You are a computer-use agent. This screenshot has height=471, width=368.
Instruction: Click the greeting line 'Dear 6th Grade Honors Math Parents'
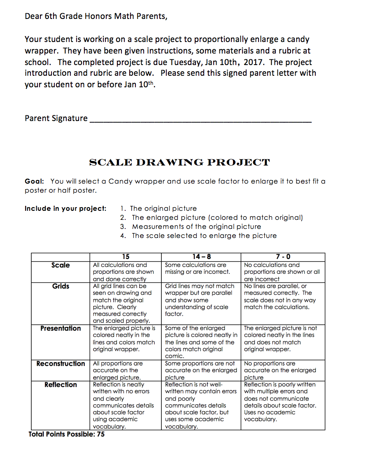[96, 16]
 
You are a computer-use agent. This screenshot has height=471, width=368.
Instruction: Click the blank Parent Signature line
[200, 119]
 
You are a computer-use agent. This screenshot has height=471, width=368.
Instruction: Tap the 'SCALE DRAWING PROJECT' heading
[179, 163]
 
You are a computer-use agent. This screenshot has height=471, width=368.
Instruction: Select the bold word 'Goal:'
[34, 182]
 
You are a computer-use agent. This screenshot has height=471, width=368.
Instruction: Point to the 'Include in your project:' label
[65, 208]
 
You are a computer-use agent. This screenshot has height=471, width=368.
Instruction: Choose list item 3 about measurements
[191, 226]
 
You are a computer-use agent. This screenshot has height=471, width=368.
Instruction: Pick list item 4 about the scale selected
[199, 235]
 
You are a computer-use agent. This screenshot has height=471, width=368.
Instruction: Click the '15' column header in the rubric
[126, 257]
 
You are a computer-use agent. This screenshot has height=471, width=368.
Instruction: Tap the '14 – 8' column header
[201, 257]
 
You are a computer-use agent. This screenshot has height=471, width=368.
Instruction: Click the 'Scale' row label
[61, 265]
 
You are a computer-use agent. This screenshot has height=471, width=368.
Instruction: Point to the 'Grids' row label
[61, 286]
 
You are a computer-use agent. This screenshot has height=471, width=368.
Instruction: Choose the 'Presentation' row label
[61, 328]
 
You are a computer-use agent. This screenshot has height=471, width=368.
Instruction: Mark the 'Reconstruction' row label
[61, 364]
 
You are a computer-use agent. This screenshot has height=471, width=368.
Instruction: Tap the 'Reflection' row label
[61, 385]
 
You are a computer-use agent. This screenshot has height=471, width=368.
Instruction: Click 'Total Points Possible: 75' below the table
[67, 434]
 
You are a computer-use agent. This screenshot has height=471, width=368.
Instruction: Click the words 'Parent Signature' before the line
[56, 119]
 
